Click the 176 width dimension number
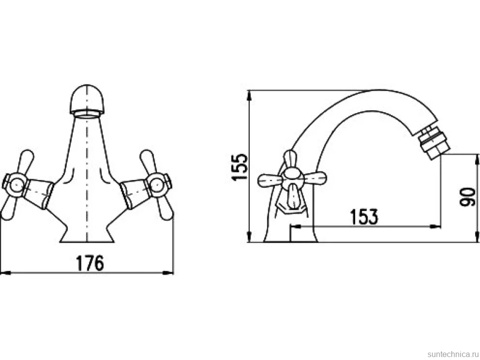tap(90, 264)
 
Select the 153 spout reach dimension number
tap(364, 217)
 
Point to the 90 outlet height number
tap(468, 197)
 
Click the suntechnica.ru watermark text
tap(453, 354)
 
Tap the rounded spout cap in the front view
tap(87, 99)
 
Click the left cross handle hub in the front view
tap(15, 185)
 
